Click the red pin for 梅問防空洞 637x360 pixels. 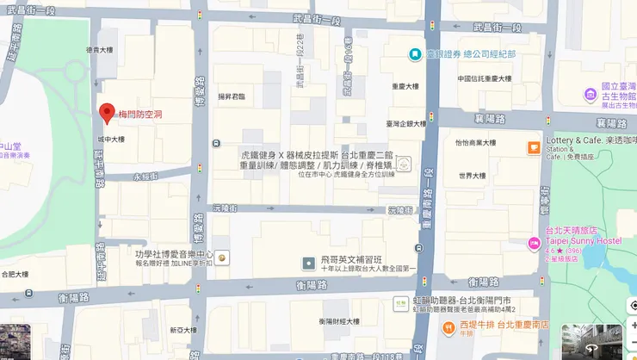pyautogui.click(x=107, y=112)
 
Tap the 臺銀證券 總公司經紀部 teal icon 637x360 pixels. pyautogui.click(x=415, y=53)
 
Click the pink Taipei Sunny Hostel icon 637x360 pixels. pyautogui.click(x=535, y=244)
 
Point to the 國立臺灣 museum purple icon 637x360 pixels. pyautogui.click(x=591, y=93)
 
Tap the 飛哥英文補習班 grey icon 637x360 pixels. pyautogui.click(x=307, y=262)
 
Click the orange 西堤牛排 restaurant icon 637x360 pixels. pyautogui.click(x=448, y=326)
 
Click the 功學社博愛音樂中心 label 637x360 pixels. pyautogui.click(x=173, y=255)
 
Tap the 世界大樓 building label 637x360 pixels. pyautogui.click(x=473, y=176)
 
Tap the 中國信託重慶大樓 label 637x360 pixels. pyautogui.click(x=484, y=78)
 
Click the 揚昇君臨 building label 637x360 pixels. pyautogui.click(x=231, y=96)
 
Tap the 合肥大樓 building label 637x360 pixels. pyautogui.click(x=15, y=275)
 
